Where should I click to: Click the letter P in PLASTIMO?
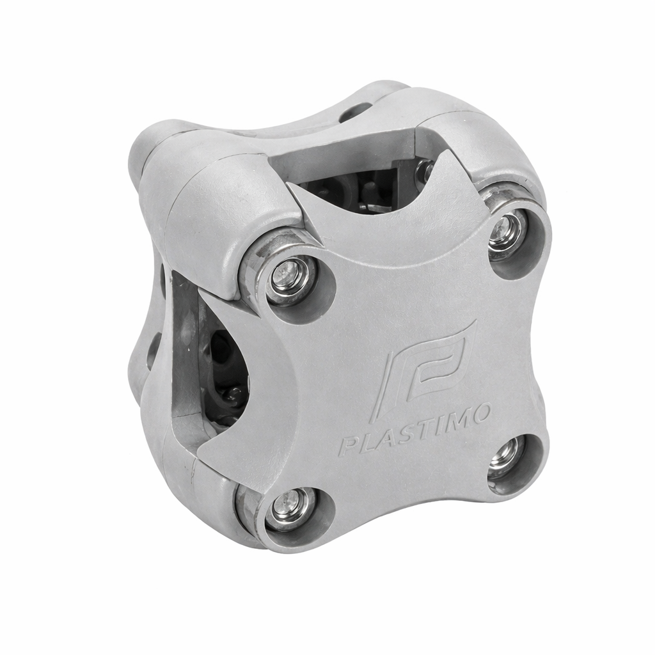347,446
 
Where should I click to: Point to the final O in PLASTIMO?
481,412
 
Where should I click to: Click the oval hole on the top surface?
356,112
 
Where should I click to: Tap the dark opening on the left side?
224,371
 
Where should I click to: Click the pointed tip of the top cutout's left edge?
290,185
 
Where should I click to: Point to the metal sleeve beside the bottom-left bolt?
246,505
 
